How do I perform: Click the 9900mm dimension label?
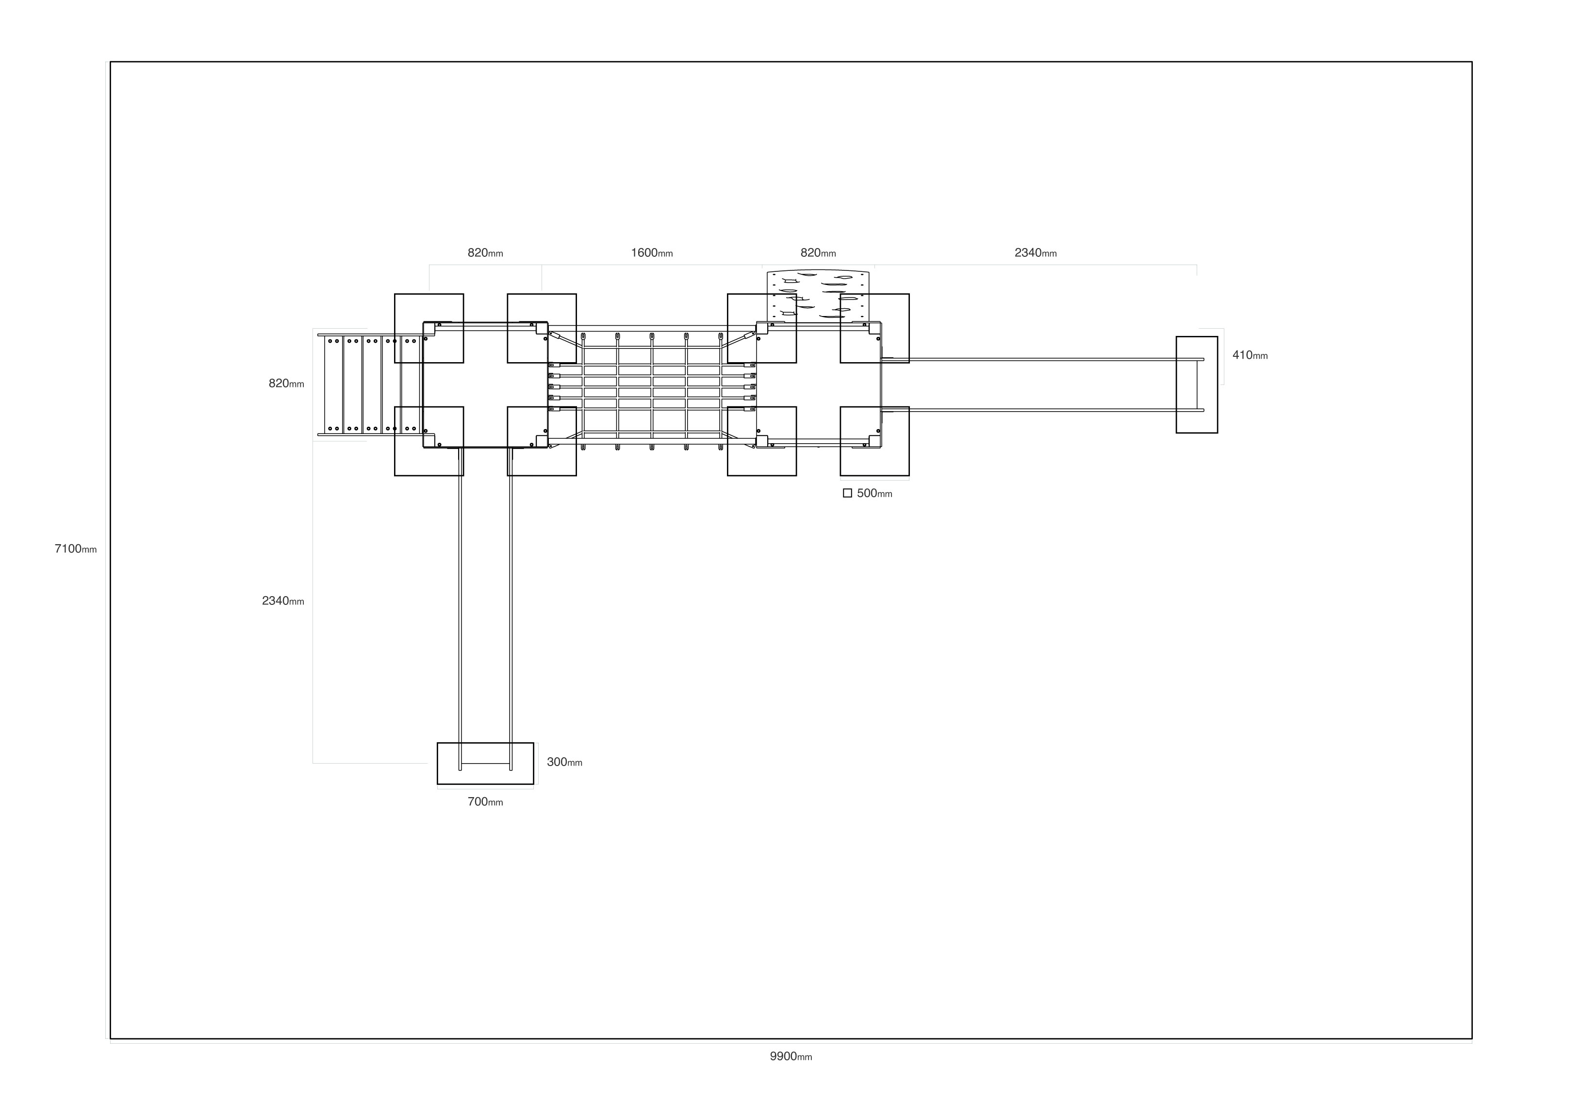click(791, 1056)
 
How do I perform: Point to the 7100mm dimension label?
click(76, 549)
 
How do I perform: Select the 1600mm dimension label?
click(652, 253)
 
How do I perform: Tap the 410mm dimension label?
click(1250, 355)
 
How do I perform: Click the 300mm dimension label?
click(564, 762)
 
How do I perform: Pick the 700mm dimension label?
click(485, 802)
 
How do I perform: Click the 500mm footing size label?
click(874, 494)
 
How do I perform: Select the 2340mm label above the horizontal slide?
click(1036, 253)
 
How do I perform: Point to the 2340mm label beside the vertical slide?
click(282, 601)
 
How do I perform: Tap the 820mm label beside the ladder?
click(286, 384)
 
